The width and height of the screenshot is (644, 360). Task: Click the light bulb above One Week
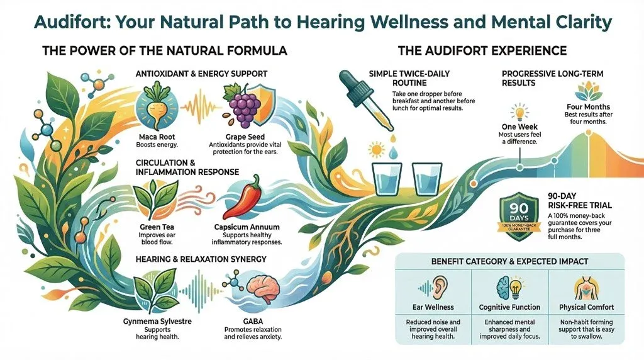(x=519, y=113)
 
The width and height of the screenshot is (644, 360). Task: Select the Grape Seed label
(x=246, y=137)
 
